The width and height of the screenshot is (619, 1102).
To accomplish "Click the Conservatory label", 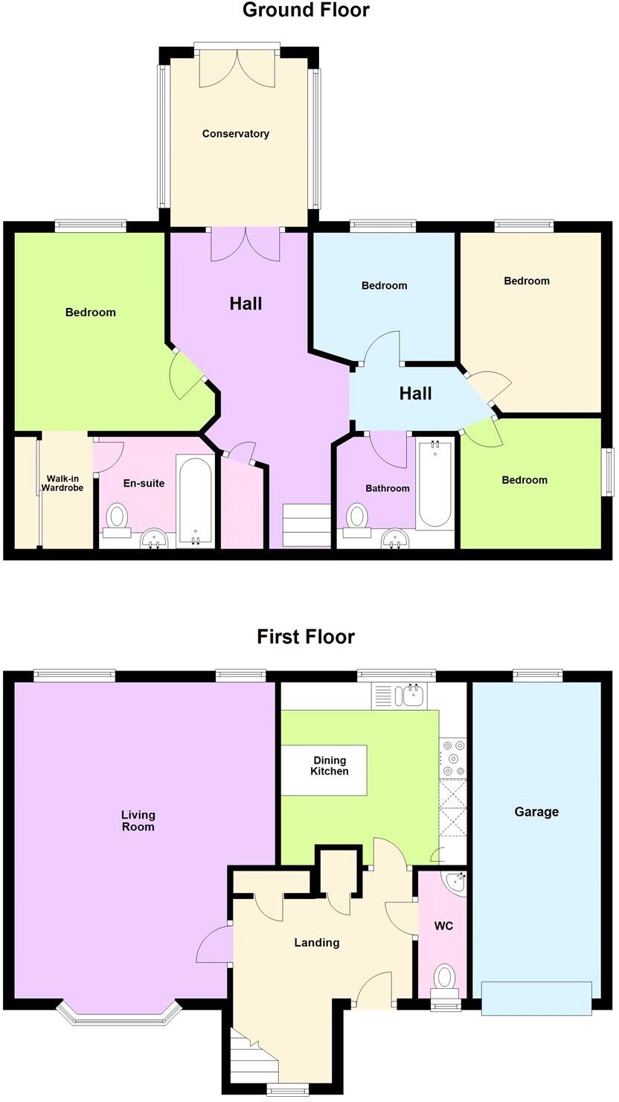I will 235,134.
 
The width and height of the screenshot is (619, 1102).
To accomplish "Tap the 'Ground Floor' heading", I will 305,10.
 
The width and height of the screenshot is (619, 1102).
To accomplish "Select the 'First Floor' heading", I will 306,637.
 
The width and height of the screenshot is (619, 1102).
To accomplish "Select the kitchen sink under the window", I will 410,696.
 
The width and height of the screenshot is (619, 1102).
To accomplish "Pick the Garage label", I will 536,812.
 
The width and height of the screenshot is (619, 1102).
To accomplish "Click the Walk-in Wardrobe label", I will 62,483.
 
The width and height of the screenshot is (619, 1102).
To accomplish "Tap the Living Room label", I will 138,821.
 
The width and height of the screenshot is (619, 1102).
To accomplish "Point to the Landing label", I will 317,943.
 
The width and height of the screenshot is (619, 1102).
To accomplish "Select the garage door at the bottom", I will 536,998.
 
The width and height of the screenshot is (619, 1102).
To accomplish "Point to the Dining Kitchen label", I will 330,766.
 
